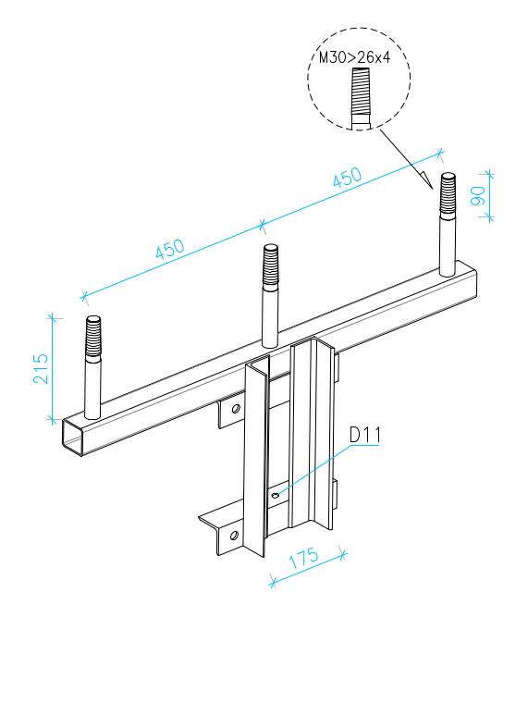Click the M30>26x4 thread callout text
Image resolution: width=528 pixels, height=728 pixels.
coord(355,57)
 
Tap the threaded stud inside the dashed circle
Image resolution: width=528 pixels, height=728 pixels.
coord(361,97)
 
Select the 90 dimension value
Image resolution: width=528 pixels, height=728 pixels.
coord(477,195)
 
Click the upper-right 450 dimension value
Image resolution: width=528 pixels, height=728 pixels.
coord(347,177)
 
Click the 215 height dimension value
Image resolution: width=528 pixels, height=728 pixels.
coord(41,369)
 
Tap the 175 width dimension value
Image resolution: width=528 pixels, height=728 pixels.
coord(303,558)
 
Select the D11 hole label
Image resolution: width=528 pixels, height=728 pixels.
coord(364,435)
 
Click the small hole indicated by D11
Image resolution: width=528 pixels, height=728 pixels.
coord(276,495)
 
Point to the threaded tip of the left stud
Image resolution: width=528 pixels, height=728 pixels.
coord(92,336)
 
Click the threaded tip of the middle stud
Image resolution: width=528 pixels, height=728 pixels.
coord(271,265)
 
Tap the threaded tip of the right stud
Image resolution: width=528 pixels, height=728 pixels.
coord(448,192)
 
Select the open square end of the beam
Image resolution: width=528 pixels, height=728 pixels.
coord(73,437)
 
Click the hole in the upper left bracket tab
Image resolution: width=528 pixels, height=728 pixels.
coord(236,409)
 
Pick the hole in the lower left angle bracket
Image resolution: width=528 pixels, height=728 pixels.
coord(234,536)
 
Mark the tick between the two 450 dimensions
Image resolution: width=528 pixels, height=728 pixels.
coord(262,226)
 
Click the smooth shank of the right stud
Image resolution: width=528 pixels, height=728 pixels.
coord(448,245)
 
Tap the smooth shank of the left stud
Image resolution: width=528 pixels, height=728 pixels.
coord(92,389)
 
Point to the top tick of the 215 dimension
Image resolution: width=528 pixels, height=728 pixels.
coord(53,318)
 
